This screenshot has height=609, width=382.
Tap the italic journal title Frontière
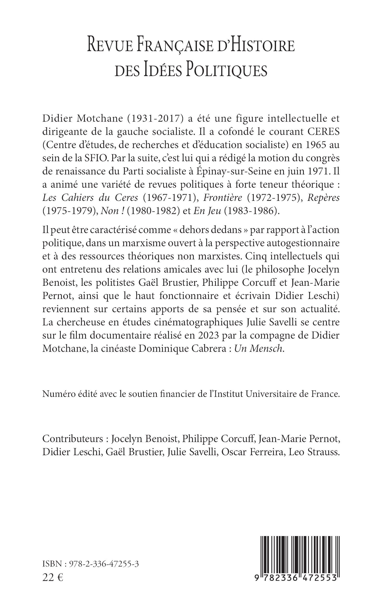223,197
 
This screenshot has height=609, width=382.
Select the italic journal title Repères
323,197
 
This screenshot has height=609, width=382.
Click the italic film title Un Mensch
258,348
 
